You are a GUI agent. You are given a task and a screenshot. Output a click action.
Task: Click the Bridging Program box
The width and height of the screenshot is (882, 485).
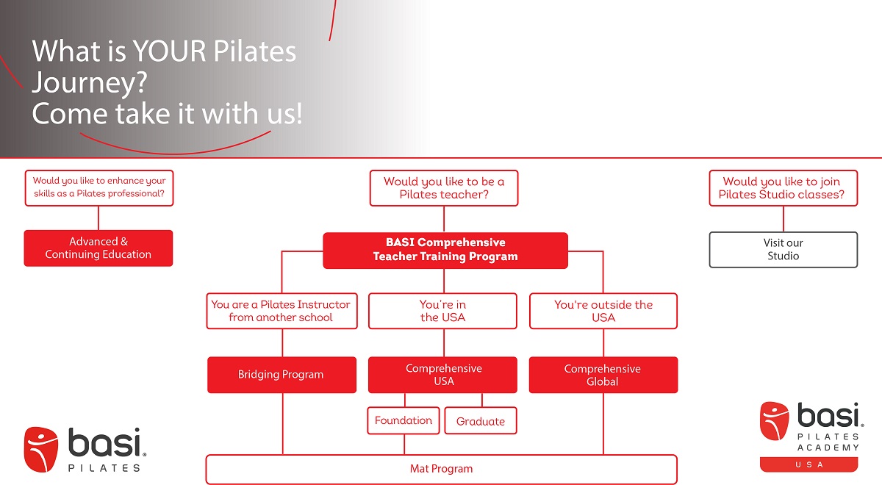pyautogui.click(x=282, y=375)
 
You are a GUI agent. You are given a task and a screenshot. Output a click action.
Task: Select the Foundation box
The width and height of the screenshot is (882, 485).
pyautogui.click(x=404, y=420)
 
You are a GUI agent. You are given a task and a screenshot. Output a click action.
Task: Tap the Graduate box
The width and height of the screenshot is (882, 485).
pyautogui.click(x=481, y=421)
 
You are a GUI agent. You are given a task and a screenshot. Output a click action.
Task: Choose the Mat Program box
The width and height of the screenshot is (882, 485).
pyautogui.click(x=441, y=469)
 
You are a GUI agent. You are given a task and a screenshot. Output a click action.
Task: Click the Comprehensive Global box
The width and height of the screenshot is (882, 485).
pyautogui.click(x=603, y=375)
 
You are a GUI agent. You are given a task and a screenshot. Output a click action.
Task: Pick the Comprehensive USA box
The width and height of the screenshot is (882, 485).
pyautogui.click(x=443, y=375)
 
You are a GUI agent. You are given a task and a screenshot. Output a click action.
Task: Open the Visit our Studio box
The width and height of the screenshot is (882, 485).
pyautogui.click(x=783, y=249)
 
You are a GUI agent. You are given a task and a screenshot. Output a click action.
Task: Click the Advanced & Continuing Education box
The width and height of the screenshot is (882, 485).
pyautogui.click(x=98, y=248)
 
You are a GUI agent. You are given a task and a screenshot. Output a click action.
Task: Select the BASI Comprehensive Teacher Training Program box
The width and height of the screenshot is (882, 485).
pyautogui.click(x=445, y=250)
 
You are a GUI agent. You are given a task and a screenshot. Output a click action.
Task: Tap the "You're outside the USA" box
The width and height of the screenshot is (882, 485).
pyautogui.click(x=603, y=311)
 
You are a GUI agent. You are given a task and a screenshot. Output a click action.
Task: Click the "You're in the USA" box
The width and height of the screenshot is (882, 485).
pyautogui.click(x=443, y=311)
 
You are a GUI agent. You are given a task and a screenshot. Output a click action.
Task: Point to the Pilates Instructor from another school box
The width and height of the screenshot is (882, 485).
pyautogui.click(x=282, y=311)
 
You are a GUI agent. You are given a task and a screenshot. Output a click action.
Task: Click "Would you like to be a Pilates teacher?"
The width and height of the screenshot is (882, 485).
pyautogui.click(x=444, y=188)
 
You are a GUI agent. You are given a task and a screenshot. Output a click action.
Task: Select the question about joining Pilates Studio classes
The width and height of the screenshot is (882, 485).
pyautogui.click(x=783, y=188)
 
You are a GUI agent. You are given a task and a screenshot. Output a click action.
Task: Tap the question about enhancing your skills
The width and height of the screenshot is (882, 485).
pyautogui.click(x=99, y=188)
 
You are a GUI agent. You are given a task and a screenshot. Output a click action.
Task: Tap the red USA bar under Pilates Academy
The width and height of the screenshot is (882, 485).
pyautogui.click(x=808, y=464)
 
